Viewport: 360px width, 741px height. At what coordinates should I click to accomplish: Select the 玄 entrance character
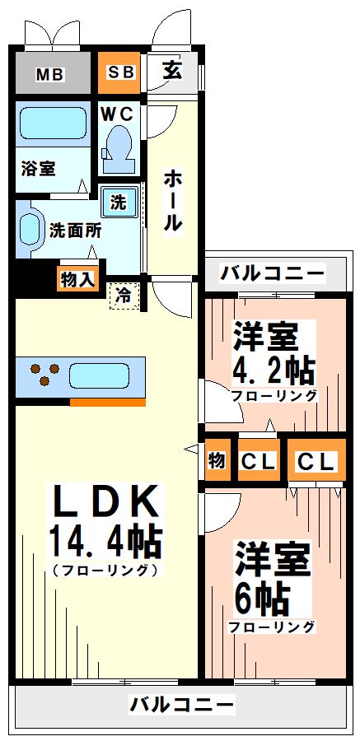171,71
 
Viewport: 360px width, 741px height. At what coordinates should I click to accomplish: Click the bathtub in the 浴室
52,124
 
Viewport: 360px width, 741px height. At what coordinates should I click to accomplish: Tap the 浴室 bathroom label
38,168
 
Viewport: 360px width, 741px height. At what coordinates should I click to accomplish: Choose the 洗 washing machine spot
119,201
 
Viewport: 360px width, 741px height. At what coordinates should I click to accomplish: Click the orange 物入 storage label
78,279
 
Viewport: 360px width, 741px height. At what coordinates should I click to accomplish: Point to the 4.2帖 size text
274,370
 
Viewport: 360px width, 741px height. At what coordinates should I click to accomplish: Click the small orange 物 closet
217,461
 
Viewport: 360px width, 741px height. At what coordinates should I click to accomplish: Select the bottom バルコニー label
181,704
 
